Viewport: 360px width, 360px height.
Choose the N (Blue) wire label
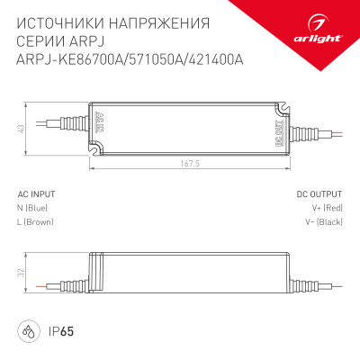35,208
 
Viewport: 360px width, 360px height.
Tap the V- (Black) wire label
323,221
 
